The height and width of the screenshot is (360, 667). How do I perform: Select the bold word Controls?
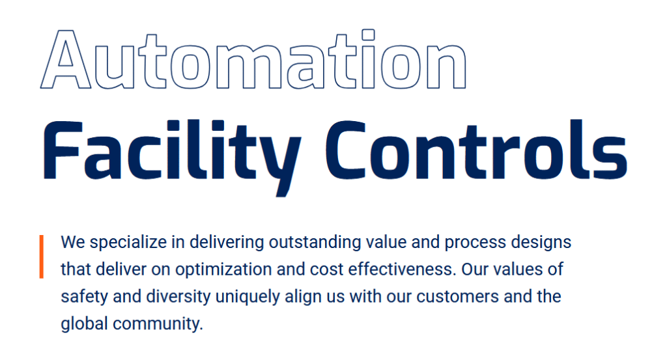point(476,150)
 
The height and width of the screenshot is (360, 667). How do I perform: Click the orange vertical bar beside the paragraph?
point(41,256)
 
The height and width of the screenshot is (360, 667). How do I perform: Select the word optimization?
point(223,270)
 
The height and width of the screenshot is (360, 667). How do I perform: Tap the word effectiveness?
point(402,270)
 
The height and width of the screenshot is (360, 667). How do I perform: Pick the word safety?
point(84,297)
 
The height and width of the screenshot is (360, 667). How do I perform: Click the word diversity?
point(178,297)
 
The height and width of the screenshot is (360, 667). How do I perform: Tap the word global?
point(84,324)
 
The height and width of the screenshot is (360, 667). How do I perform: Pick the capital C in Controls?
point(346,150)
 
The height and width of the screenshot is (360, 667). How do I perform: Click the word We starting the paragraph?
point(73,242)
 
